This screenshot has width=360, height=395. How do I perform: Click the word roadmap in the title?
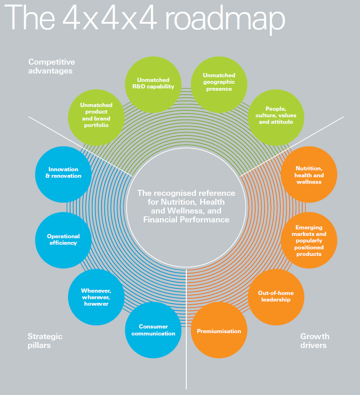225,19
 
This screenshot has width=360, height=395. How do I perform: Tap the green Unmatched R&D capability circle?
153,85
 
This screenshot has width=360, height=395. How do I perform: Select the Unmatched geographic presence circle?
219,85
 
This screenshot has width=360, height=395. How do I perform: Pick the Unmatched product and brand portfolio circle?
96,117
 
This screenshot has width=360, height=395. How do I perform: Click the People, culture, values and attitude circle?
276,117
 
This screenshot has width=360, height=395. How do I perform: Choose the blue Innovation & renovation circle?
63,174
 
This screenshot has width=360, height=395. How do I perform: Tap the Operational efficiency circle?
63,240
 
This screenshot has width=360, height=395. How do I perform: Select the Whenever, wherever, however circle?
96,297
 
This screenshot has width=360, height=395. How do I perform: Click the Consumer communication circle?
153,330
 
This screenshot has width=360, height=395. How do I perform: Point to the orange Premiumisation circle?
219,330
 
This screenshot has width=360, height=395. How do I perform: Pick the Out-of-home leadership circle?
276,297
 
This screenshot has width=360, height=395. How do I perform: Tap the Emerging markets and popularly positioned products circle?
309,240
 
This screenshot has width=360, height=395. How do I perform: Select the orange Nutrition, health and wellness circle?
309,174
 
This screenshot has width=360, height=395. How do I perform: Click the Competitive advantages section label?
52,66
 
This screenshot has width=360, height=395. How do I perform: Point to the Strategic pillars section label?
45,341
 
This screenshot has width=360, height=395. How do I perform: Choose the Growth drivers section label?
315,341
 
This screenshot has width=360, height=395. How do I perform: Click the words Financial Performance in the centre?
186,220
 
